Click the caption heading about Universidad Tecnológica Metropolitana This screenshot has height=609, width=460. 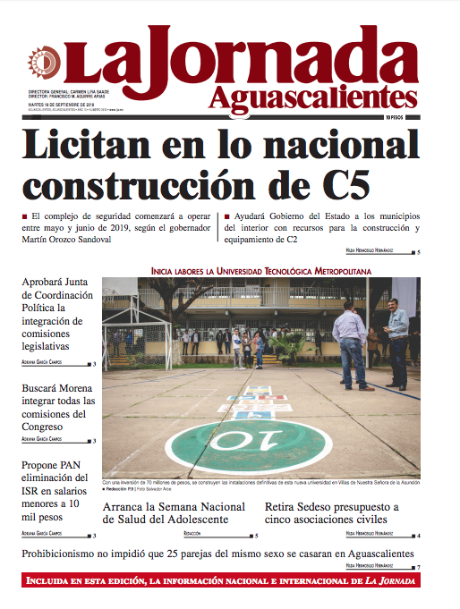coord(260,269)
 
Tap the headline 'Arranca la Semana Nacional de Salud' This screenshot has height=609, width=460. coord(174,513)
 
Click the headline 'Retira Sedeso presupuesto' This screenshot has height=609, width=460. coord(332,513)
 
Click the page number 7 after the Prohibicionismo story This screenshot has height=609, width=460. coord(417,567)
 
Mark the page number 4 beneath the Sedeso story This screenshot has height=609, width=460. coord(417,536)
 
